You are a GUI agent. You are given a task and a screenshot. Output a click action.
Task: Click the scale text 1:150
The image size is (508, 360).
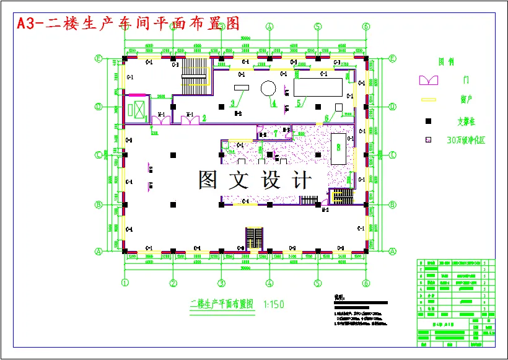pyautogui.click(x=273, y=304)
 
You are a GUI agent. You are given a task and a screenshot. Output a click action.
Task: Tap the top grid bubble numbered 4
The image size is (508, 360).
pyautogui.click(x=269, y=27)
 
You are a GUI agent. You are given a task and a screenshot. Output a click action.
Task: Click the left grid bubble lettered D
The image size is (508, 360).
pyautogui.click(x=98, y=107)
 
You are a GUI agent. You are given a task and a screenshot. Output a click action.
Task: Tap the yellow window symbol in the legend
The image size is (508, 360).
pyautogui.click(x=428, y=99)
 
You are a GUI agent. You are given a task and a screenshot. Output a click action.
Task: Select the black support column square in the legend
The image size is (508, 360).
pyautogui.click(x=427, y=120)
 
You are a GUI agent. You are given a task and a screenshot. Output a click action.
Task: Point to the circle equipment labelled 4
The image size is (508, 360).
pyautogui.click(x=268, y=88)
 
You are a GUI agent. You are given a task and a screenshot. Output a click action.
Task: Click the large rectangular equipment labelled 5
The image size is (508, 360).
pyautogui.click(x=318, y=87)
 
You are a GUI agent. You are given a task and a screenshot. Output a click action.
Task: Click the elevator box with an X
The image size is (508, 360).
pyautogui.click(x=135, y=108)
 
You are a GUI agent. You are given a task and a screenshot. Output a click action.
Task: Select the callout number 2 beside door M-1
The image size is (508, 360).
pyautogui.click(x=204, y=117)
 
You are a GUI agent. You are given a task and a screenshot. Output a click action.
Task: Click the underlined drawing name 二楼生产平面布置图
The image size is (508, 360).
pyautogui.click(x=222, y=304)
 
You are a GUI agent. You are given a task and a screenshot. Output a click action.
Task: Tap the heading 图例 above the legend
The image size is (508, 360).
pyautogui.click(x=445, y=62)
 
